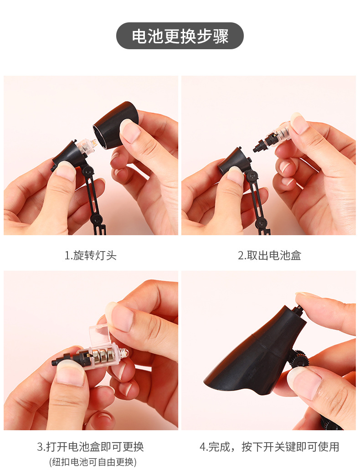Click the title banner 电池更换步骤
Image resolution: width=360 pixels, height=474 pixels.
pos(180,36)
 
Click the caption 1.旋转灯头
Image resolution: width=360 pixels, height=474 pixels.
pos(90,255)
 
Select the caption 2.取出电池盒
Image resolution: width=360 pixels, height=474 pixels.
pos(269,255)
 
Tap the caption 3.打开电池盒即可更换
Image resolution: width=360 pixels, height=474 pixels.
pos(90,447)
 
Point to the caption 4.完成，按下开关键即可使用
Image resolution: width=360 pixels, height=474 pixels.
pos(269,447)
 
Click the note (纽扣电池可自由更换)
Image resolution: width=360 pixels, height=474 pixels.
pos(93,462)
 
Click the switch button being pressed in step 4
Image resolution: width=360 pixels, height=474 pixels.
pos(298,310)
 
